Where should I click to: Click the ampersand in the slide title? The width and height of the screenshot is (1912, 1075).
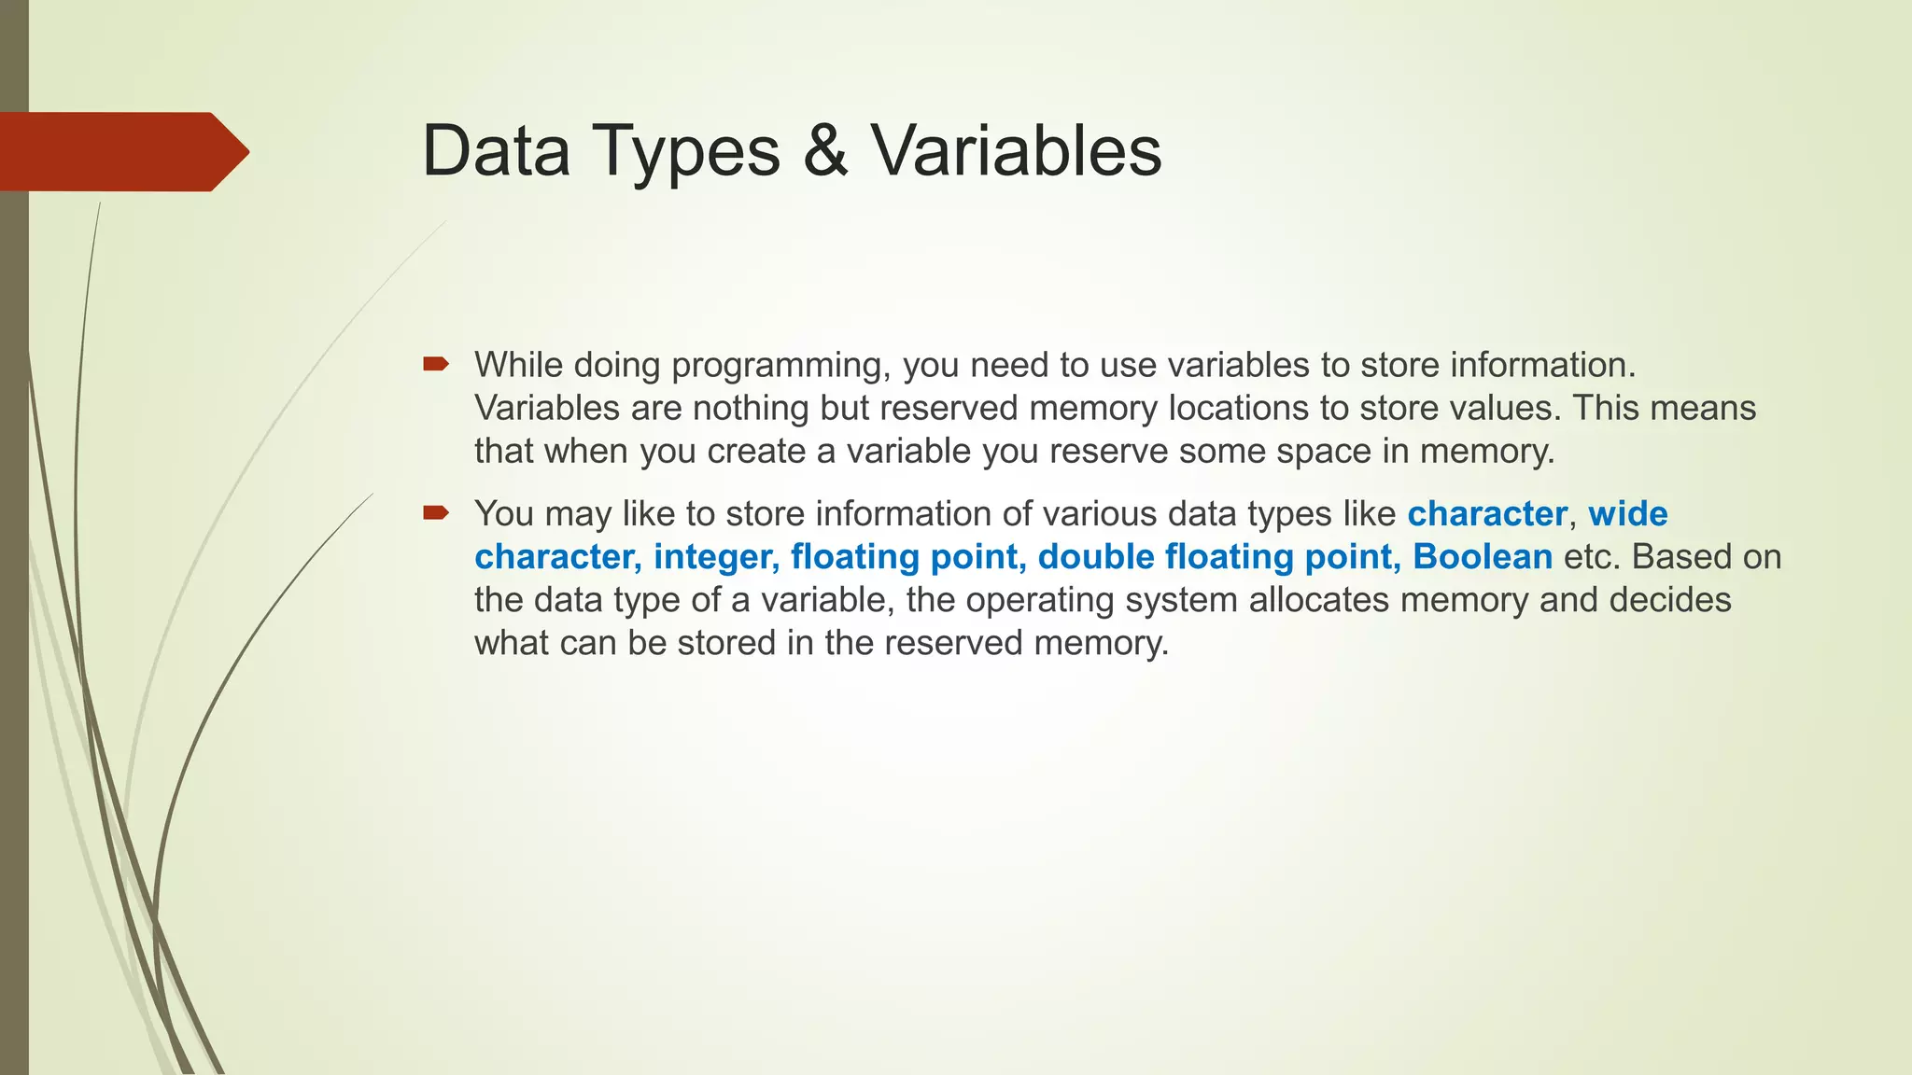coord(825,151)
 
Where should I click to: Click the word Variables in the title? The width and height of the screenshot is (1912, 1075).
coord(1017,151)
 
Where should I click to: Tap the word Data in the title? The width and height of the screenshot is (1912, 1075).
coord(496,151)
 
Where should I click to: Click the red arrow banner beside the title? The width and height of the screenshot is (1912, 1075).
coord(121,152)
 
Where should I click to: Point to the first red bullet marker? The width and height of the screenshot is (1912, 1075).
coord(435,365)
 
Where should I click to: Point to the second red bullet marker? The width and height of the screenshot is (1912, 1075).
coord(435,512)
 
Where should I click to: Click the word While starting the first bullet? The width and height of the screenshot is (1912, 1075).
coord(518,365)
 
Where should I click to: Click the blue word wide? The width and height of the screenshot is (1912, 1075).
coord(1628,514)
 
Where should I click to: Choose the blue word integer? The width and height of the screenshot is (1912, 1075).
coord(716,558)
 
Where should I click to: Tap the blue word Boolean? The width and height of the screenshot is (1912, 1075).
coord(1482,557)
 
